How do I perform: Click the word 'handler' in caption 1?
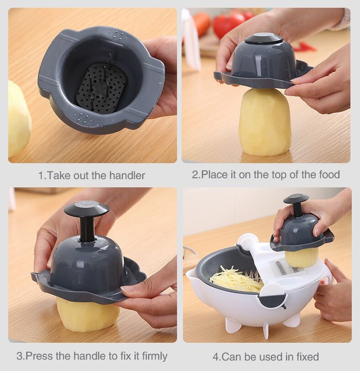127,176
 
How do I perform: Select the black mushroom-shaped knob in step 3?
87,209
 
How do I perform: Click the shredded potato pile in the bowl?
237,280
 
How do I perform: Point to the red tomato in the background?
227,25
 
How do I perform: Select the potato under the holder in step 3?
88,315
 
